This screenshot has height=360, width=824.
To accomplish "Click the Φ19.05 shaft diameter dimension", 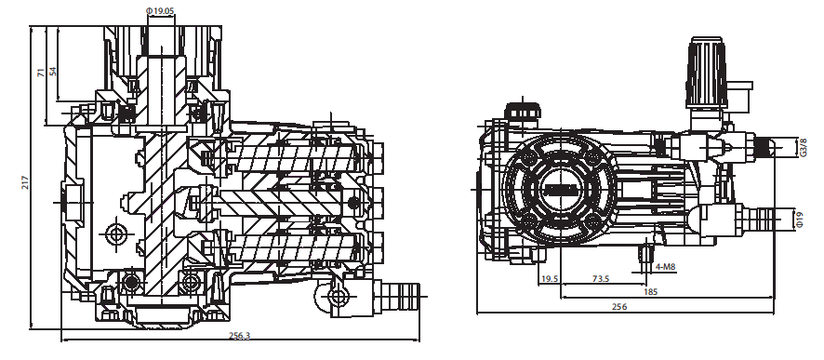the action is [x=161, y=10].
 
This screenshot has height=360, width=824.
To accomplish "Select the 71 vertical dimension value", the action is [x=41, y=73].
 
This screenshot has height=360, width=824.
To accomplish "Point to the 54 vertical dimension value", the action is [x=53, y=72].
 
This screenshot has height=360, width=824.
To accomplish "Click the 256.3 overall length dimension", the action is [x=240, y=336].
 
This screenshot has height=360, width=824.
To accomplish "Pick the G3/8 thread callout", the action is [x=803, y=148].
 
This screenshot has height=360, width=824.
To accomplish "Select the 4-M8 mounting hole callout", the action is [x=666, y=267].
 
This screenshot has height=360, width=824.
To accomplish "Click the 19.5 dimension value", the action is [x=549, y=278].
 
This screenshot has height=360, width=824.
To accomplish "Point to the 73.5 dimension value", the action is [x=600, y=278].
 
